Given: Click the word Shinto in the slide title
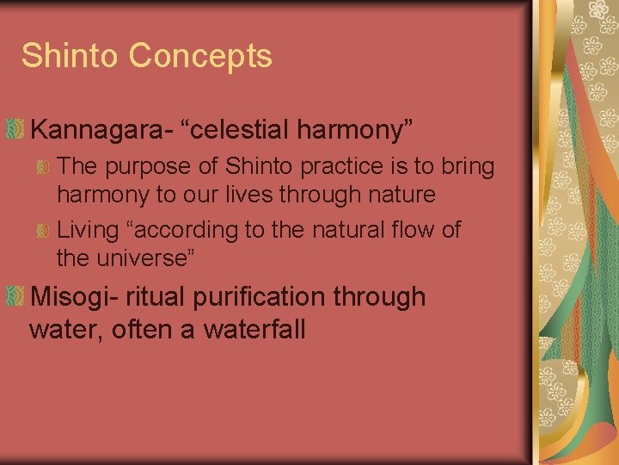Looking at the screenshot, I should [70, 56].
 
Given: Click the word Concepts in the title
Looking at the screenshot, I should [200, 56].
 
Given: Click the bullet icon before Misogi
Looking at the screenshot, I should [14, 297].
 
